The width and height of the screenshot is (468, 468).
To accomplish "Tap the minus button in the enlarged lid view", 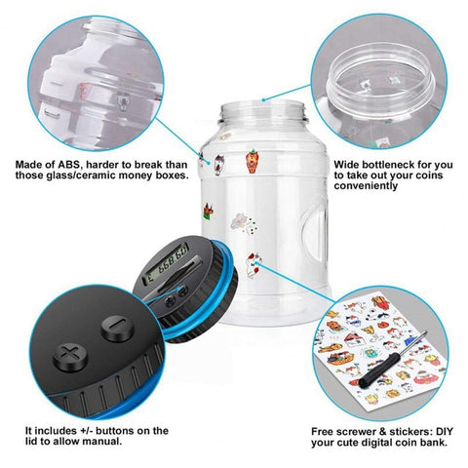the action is [117, 328].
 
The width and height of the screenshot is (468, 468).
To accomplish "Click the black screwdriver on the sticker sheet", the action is [392, 360].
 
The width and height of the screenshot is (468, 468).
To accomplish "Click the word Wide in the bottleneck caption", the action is [346, 165].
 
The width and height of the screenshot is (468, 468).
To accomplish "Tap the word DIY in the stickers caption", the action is [445, 432].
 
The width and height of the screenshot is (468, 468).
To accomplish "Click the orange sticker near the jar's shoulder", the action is [253, 161].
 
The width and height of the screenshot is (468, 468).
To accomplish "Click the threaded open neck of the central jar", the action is [262, 111].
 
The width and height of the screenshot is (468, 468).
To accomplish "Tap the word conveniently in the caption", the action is [366, 185].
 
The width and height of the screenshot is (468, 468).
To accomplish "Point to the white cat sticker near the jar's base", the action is [253, 265].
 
